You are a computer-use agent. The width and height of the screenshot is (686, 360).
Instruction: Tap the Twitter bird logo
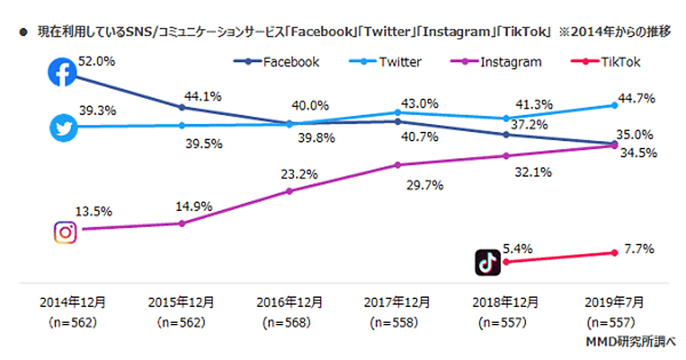click(63, 126)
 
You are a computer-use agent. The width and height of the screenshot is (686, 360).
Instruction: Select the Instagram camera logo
click(65, 232)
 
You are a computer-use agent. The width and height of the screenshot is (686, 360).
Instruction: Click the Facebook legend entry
click(277, 62)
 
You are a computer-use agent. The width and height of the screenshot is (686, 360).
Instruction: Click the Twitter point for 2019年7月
click(615, 105)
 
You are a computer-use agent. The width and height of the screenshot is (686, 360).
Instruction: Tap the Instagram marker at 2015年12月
click(182, 223)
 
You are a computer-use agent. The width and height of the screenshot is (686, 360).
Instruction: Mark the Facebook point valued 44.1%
click(182, 107)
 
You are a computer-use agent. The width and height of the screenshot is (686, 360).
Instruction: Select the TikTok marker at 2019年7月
click(615, 253)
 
